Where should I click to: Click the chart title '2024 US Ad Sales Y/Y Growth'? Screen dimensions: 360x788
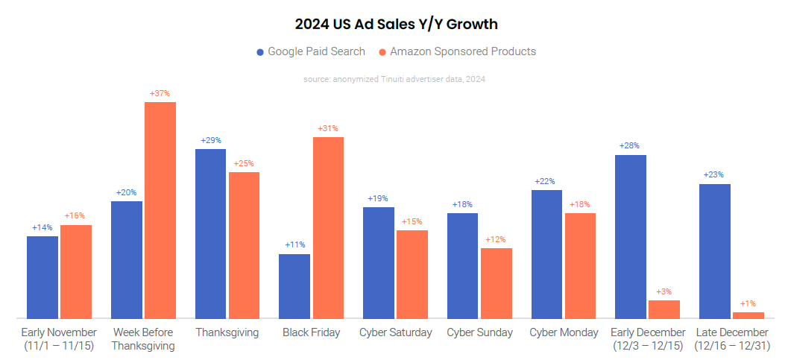point(396,25)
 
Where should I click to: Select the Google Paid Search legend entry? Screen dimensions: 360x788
point(311,51)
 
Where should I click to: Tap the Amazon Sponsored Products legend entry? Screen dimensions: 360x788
point(457,51)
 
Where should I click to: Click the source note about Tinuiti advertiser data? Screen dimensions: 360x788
point(394,79)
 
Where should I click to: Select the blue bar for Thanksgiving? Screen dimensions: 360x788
point(210,233)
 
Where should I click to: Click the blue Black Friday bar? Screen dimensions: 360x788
point(294,286)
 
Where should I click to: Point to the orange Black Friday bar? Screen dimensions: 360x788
point(328,227)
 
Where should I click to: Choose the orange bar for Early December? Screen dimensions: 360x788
point(664,309)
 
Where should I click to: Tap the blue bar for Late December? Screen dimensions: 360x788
point(715,251)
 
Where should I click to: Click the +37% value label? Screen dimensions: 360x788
point(160,94)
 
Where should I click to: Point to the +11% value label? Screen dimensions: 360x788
point(294,244)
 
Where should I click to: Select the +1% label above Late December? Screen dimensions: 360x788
point(748,303)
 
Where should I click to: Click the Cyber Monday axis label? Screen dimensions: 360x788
point(564,332)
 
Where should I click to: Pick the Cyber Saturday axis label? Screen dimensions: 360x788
point(396,332)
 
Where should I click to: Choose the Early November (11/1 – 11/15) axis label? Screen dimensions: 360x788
point(59,339)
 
